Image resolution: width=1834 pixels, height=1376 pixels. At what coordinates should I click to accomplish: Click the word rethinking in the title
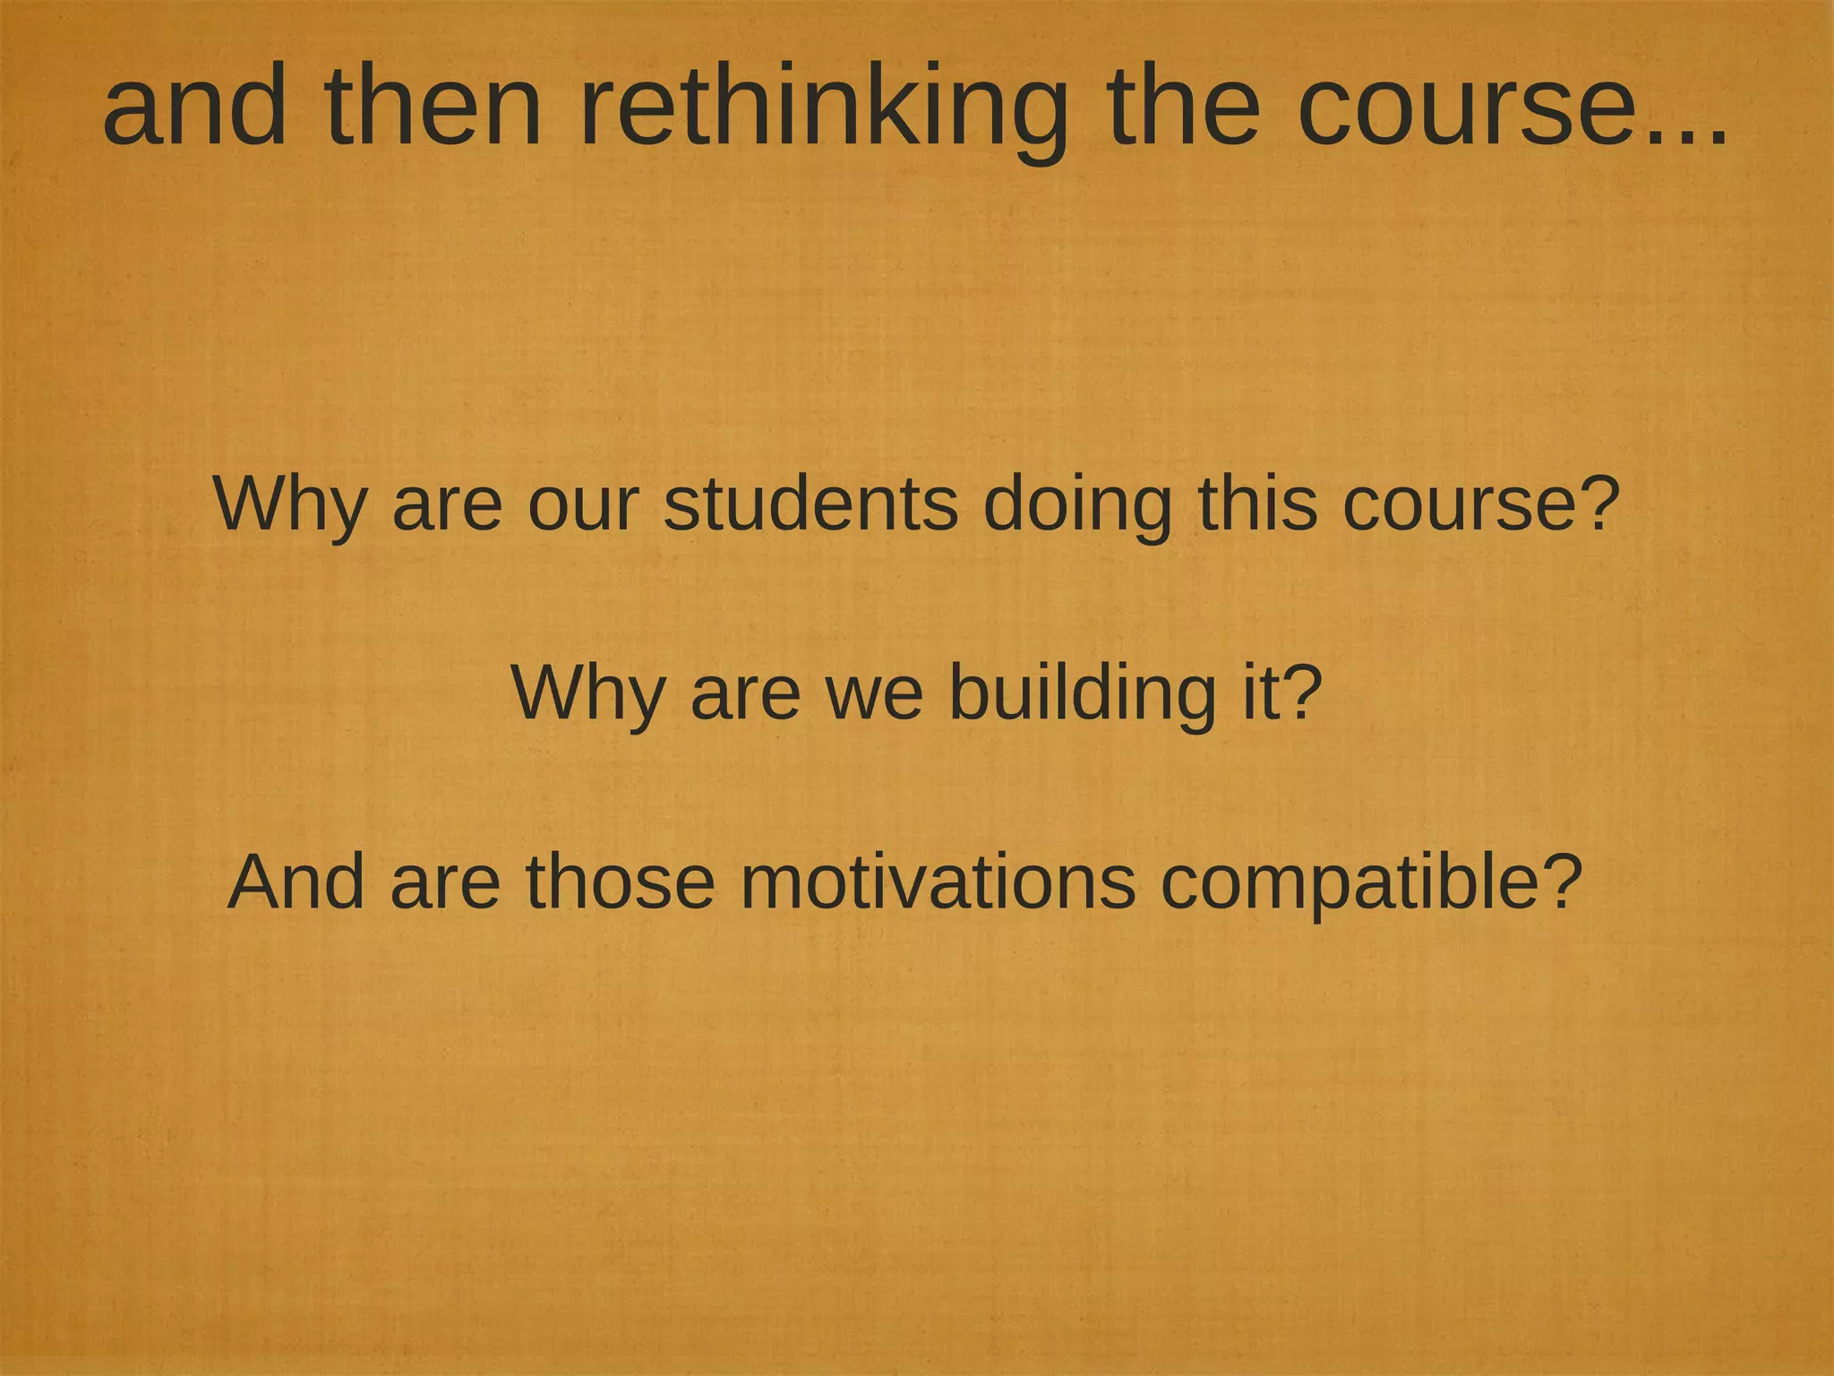824,107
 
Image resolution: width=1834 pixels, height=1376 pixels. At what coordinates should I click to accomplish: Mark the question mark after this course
1598,503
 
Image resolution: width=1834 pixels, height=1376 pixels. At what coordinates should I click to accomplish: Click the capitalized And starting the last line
296,882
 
